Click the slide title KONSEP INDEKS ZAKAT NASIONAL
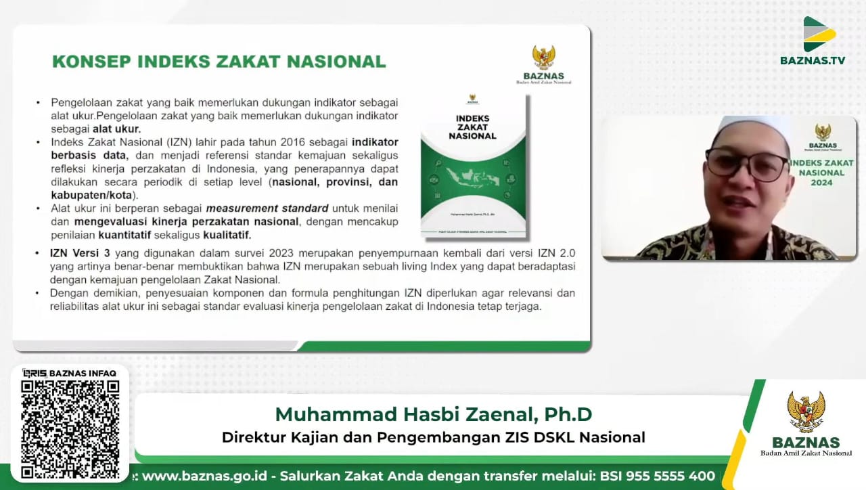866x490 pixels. (x=219, y=61)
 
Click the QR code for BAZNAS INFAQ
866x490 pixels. (x=70, y=429)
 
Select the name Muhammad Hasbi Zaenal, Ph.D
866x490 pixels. (x=433, y=414)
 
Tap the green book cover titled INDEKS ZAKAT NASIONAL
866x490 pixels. (x=473, y=166)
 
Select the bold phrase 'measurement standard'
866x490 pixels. (x=267, y=208)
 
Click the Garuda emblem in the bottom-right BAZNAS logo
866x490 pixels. (x=805, y=411)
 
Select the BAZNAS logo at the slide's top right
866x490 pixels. (x=543, y=64)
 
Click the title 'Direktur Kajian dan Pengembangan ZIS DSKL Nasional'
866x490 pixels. (x=433, y=437)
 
